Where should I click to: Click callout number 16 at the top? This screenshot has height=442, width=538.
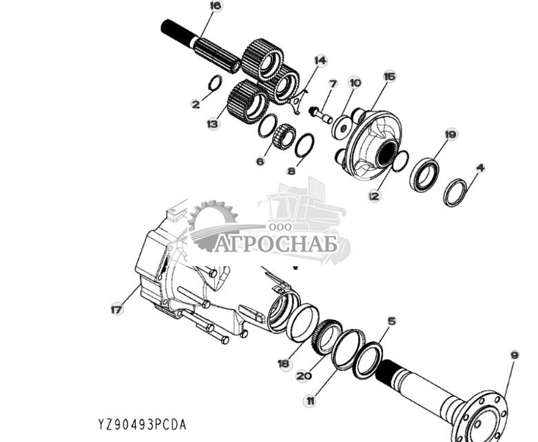tap(216, 6)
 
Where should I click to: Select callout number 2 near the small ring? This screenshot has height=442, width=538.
tap(196, 105)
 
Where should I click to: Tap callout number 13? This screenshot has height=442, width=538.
tap(213, 123)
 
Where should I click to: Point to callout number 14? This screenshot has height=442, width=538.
tap(319, 61)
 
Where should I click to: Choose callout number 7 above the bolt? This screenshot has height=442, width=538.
tap(333, 84)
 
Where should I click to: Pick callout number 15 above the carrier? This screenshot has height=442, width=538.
tap(389, 77)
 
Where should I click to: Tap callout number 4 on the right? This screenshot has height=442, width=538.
tap(480, 167)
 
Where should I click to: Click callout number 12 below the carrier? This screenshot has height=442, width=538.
tap(374, 197)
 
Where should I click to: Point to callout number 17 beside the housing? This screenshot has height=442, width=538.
tap(116, 310)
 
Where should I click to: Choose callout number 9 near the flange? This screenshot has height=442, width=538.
tap(515, 355)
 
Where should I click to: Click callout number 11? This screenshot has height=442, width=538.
tap(311, 400)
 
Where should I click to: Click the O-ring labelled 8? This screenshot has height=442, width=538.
tap(304, 145)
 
